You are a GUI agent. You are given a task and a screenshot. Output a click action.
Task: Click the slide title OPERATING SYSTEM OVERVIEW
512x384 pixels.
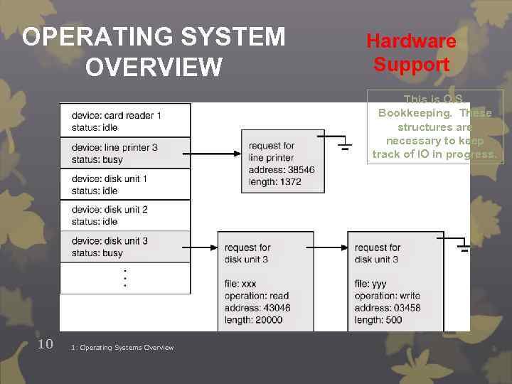pyautogui.click(x=154, y=51)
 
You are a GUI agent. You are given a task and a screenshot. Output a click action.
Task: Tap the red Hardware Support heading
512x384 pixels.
pyautogui.click(x=411, y=53)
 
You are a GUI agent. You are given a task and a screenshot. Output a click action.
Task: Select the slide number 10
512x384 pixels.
pyautogui.click(x=45, y=344)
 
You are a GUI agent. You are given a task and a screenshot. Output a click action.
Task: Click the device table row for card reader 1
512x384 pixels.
pyautogui.click(x=125, y=121)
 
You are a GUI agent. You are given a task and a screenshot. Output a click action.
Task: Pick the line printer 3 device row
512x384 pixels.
pyautogui.click(x=125, y=152)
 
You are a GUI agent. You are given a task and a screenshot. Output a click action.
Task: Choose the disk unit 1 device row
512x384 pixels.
pyautogui.click(x=125, y=184)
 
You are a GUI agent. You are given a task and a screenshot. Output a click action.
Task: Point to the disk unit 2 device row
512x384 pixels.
pyautogui.click(x=125, y=215)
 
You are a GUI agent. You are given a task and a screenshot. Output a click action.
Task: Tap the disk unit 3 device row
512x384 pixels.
pyautogui.click(x=125, y=247)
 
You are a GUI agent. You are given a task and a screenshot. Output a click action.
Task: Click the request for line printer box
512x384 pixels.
pyautogui.click(x=283, y=163)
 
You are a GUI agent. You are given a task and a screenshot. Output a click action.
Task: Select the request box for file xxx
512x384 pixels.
pyautogui.click(x=265, y=281)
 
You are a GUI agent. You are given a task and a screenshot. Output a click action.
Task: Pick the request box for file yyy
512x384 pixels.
pyautogui.click(x=395, y=281)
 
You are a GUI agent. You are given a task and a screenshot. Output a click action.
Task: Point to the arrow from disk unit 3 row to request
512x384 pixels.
pyautogui.click(x=204, y=247)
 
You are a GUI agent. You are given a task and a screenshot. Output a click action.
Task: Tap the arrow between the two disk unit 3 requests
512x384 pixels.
pyautogui.click(x=331, y=247)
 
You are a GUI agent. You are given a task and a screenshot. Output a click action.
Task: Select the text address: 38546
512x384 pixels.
pyautogui.click(x=281, y=171)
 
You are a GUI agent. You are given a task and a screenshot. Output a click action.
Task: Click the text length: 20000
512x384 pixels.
pyautogui.click(x=253, y=320)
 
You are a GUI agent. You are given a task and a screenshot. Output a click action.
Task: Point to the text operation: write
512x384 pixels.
pyautogui.click(x=387, y=296)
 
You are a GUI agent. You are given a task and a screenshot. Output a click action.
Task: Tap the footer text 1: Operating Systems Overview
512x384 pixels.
pyautogui.click(x=122, y=348)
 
